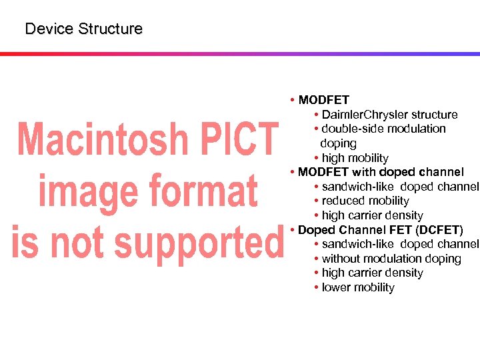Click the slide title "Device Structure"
[83, 29]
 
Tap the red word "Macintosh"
[101, 140]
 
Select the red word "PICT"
[235, 140]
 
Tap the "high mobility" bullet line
[355, 158]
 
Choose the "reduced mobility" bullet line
[365, 201]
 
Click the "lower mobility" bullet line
[358, 287]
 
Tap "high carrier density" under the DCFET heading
[372, 273]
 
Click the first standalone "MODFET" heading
[324, 100]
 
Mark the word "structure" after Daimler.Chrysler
[434, 115]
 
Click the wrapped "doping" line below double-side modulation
[338, 143]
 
